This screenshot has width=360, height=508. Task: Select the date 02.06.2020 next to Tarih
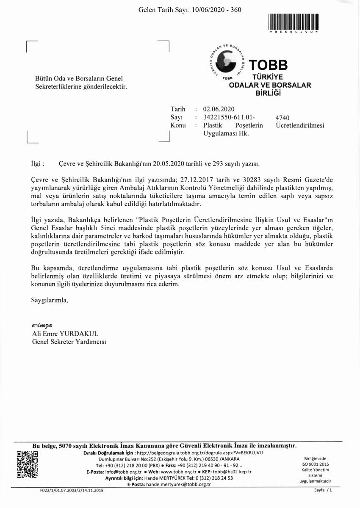point(219,108)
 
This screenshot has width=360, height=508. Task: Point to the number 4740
point(282,118)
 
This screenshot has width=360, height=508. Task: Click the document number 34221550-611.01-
point(229,117)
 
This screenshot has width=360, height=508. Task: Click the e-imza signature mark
point(42,325)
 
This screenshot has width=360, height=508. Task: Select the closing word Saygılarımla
point(49,301)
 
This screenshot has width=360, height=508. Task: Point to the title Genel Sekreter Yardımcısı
point(69,342)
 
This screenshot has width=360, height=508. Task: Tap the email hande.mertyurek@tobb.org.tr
point(178,484)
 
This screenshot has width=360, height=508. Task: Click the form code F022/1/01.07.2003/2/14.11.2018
point(69,490)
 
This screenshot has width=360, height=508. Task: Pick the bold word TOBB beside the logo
point(268,65)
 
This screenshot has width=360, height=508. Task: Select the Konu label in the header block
point(178,125)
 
